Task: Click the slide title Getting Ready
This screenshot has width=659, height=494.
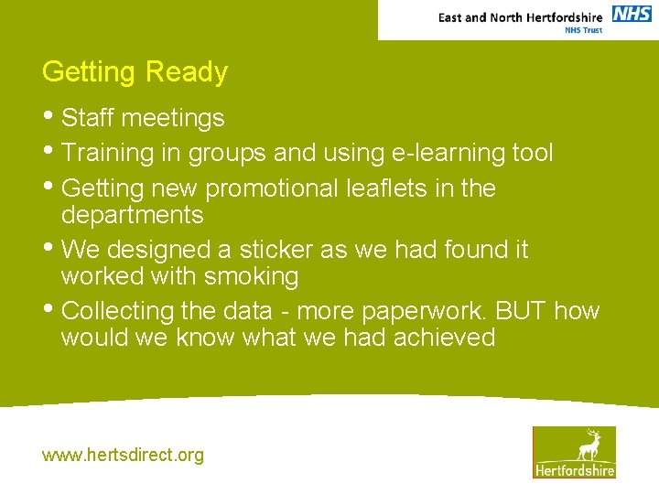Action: pos(135,72)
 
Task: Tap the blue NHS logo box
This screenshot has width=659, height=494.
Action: pos(632,14)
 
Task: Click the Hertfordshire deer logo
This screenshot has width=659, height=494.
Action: pos(574,452)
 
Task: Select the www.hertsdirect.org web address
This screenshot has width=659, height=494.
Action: pos(123,455)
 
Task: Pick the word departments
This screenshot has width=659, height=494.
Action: pos(132,215)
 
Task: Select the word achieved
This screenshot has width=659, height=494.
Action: pos(444,338)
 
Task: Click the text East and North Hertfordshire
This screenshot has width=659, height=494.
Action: pos(520,17)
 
